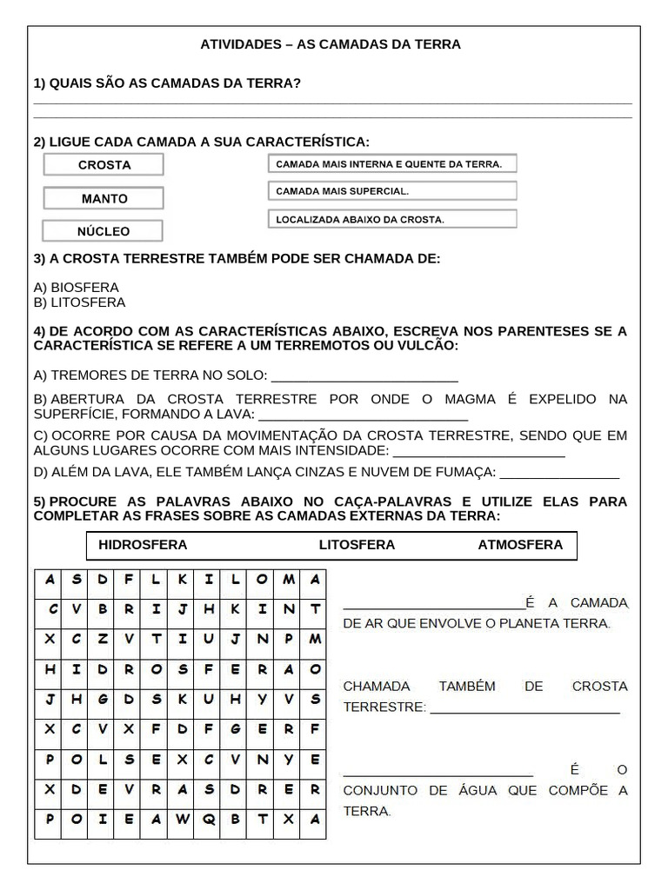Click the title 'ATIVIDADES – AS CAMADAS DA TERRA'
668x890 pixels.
(x=331, y=43)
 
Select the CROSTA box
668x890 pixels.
(x=104, y=165)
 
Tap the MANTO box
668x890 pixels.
(x=104, y=198)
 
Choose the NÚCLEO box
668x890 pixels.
(x=103, y=231)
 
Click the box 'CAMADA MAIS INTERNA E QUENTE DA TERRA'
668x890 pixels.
(x=391, y=164)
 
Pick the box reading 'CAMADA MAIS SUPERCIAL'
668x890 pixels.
(x=391, y=191)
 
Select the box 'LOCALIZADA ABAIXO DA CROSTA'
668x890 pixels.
(x=391, y=220)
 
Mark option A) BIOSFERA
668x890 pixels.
(x=76, y=287)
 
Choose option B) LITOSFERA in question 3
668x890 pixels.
(x=79, y=302)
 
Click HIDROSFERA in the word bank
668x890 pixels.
(x=143, y=545)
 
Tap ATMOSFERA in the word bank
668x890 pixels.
(x=520, y=545)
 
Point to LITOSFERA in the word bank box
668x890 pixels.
(x=357, y=545)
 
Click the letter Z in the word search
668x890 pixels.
(x=103, y=639)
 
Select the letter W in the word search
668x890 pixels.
(x=183, y=819)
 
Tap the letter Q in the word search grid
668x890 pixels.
(x=209, y=819)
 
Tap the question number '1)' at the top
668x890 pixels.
(x=39, y=83)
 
